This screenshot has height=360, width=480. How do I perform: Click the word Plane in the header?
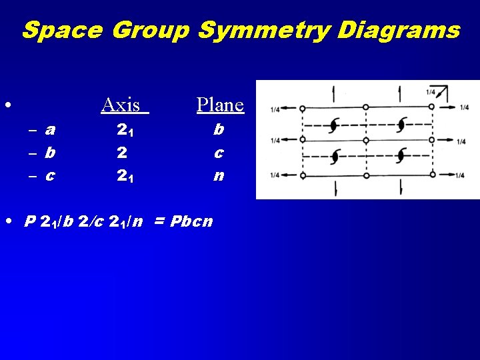[220, 105]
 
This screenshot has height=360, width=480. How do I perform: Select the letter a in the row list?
[50, 130]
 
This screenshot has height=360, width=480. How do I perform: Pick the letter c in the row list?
[50, 176]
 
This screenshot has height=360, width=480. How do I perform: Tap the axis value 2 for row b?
[122, 153]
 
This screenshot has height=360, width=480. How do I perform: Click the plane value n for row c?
[219, 176]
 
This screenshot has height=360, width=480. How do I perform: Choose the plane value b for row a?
[219, 130]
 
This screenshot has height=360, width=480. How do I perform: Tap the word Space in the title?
[63, 30]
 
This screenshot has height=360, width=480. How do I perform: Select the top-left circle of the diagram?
[302, 107]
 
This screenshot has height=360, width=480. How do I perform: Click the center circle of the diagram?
[365, 140]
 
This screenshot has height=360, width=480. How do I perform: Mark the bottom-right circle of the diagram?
[431, 175]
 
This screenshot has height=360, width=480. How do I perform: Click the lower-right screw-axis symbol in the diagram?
[399, 156]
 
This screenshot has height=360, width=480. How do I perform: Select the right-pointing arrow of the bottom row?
[447, 175]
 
